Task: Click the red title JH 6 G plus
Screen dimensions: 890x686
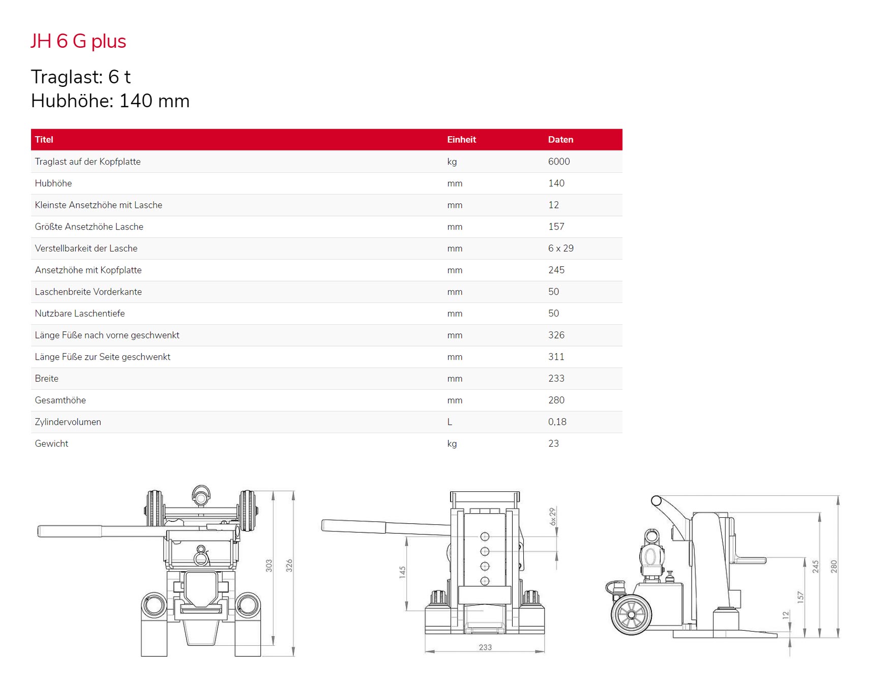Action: (x=78, y=41)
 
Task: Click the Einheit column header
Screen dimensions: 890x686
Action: (x=461, y=140)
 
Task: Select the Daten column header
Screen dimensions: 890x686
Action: (x=560, y=140)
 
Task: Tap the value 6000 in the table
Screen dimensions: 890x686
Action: (x=559, y=162)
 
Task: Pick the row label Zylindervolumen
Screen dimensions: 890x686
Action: (x=68, y=422)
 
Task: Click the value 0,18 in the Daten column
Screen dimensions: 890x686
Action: (x=557, y=422)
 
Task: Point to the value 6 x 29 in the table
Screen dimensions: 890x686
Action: (x=561, y=248)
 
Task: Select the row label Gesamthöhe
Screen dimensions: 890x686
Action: (x=61, y=400)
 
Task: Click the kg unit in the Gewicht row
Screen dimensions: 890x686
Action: (x=452, y=444)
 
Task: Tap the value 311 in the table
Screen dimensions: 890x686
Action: (x=556, y=357)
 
